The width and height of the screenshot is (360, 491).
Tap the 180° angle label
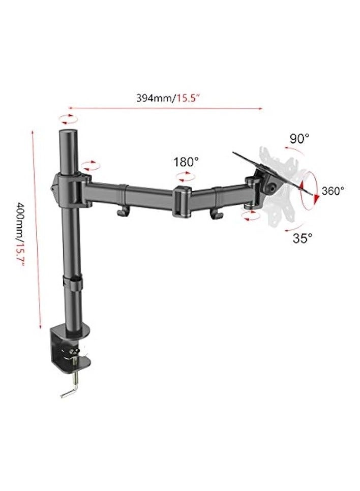tap(186, 163)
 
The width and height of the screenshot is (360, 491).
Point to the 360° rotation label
tap(333, 191)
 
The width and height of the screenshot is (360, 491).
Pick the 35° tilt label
tap(303, 237)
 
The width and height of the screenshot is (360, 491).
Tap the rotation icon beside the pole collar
tap(91, 165)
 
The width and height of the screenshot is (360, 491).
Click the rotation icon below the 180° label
tap(184, 177)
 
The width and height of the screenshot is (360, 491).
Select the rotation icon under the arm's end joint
tap(250, 217)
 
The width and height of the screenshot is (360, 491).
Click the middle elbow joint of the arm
tap(182, 201)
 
